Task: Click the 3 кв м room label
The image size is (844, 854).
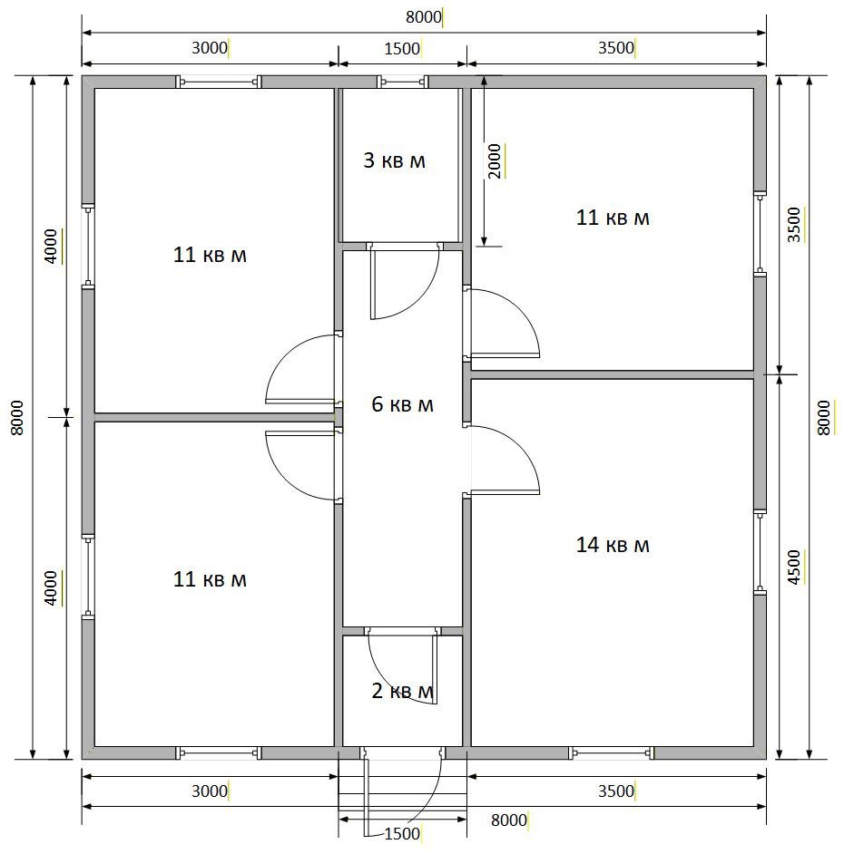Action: [394, 160]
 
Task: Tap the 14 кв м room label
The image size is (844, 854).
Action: [613, 545]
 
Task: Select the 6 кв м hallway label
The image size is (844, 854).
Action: [402, 404]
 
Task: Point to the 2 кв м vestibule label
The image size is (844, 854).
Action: [402, 691]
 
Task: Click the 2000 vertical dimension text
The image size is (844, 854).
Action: [494, 161]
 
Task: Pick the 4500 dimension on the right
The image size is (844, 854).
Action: [794, 568]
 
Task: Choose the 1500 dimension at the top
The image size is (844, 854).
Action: [402, 49]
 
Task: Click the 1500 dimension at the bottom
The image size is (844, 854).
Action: [402, 834]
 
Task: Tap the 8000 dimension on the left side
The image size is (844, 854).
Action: [17, 418]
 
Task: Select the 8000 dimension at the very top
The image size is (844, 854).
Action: [424, 17]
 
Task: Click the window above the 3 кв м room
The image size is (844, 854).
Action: [402, 82]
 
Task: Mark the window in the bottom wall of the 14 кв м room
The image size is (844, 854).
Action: [611, 753]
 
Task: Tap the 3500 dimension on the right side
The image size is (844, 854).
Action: [794, 225]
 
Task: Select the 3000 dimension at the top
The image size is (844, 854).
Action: [210, 48]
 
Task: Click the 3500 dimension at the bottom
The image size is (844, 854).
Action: [616, 791]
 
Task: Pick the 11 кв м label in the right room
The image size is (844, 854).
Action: [613, 218]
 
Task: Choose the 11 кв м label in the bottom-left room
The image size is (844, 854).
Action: [210, 579]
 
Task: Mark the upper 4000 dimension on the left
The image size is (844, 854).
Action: [50, 247]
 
